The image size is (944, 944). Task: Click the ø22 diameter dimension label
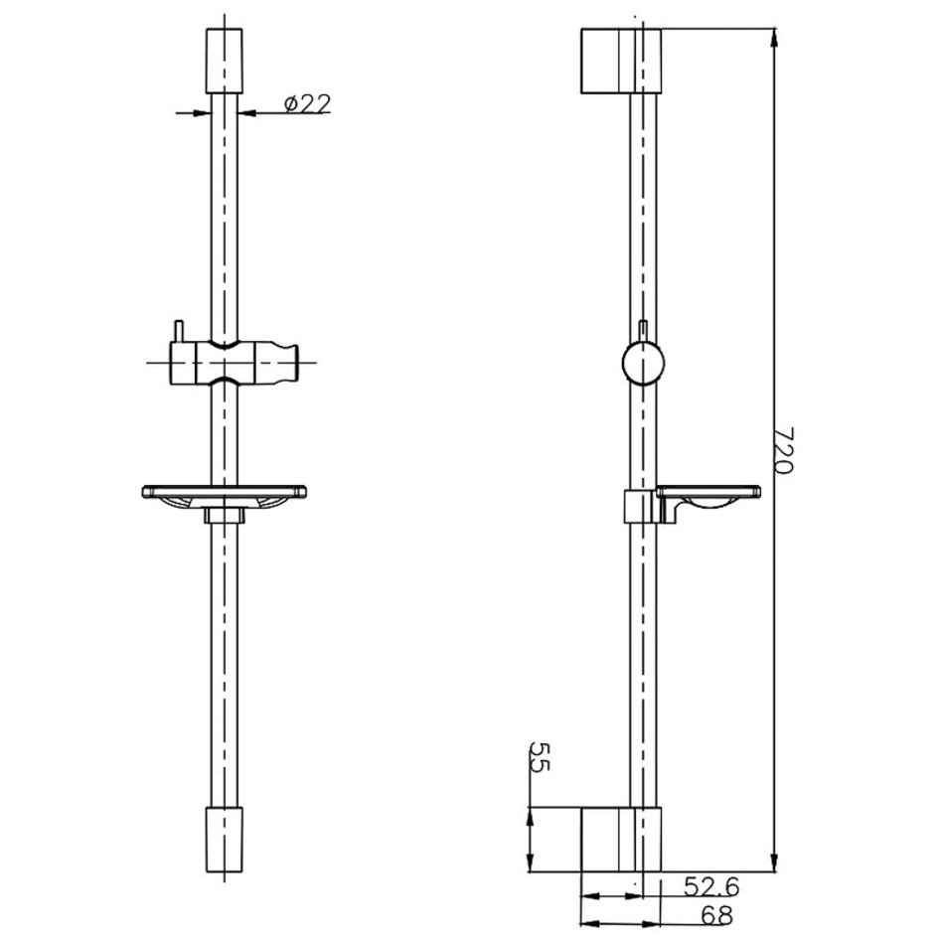(x=308, y=103)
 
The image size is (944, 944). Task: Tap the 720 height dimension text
(x=783, y=450)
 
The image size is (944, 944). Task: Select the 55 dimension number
(x=540, y=757)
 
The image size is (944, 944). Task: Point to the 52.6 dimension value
(x=711, y=886)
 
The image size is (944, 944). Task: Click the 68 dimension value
(x=716, y=916)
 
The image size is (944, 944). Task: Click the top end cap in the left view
(x=225, y=61)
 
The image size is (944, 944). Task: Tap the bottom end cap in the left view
(x=225, y=840)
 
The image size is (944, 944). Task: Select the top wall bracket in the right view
(x=621, y=61)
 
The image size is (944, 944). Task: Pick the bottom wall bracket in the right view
(x=621, y=840)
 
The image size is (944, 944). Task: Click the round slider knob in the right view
(x=643, y=363)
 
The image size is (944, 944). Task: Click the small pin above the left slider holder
(x=178, y=332)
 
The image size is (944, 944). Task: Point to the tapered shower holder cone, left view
(x=277, y=363)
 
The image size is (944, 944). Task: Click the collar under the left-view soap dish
(x=225, y=515)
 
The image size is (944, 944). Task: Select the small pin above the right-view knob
(x=643, y=331)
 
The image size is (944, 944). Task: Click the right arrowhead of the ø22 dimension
(x=246, y=112)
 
